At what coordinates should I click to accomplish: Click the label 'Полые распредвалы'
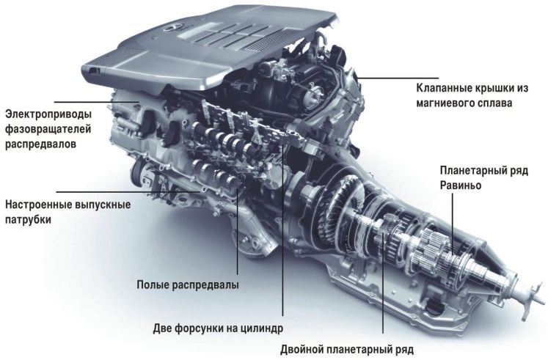click(188, 285)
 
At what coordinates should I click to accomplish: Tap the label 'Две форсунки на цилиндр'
click(218, 328)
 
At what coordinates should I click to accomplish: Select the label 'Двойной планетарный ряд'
click(347, 349)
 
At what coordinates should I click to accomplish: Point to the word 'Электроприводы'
click(48, 114)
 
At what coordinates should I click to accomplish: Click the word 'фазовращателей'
click(48, 129)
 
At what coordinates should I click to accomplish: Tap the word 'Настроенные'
click(37, 205)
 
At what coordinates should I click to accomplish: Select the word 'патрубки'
click(28, 220)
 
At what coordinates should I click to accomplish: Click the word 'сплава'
click(495, 103)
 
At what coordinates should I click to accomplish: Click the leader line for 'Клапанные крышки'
click(398, 78)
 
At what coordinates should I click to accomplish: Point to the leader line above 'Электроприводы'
click(97, 102)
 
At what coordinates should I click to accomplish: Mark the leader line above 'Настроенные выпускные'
click(128, 191)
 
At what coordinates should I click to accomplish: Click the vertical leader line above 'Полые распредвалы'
click(238, 232)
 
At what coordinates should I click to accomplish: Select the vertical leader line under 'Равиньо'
click(453, 224)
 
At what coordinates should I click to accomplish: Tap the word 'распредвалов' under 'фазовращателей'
click(40, 144)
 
